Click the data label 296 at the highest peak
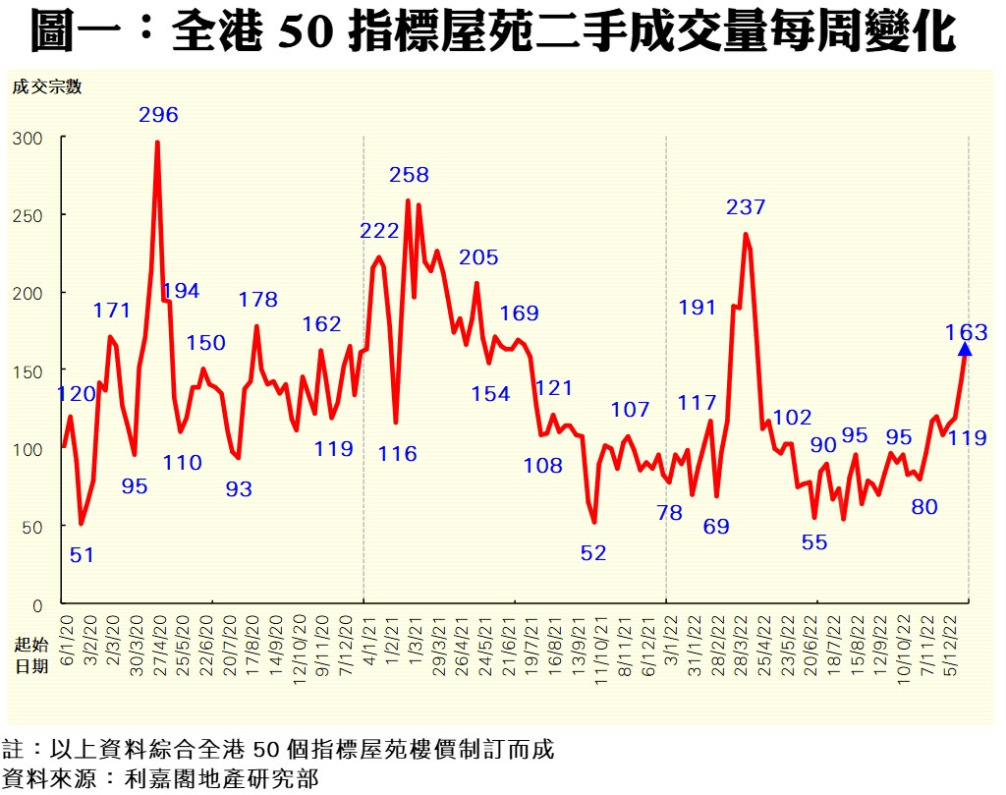click(158, 115)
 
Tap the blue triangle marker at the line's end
click(965, 350)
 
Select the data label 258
click(409, 175)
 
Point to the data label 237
click(746, 207)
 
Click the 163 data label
click(967, 332)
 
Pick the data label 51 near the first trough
click(82, 554)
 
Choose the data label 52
click(593, 553)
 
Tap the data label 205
click(478, 257)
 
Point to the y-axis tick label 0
click(37, 605)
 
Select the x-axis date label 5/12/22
click(949, 643)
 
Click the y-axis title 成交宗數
click(47, 85)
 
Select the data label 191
click(698, 308)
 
